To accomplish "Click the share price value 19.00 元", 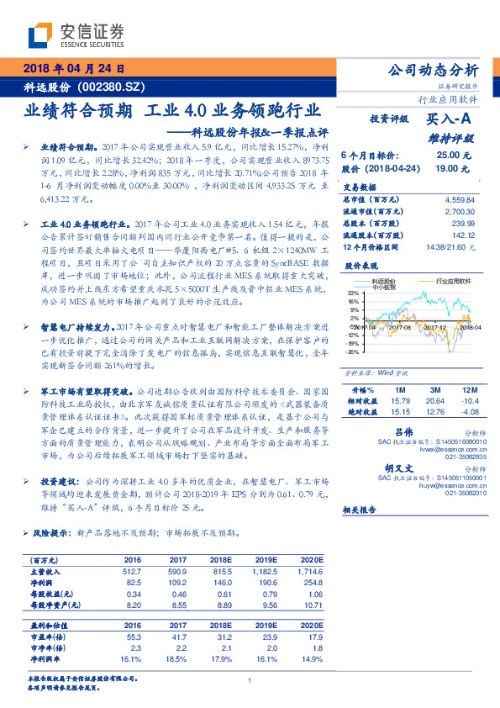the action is [x=453, y=168].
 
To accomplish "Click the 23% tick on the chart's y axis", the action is [x=352, y=293].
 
